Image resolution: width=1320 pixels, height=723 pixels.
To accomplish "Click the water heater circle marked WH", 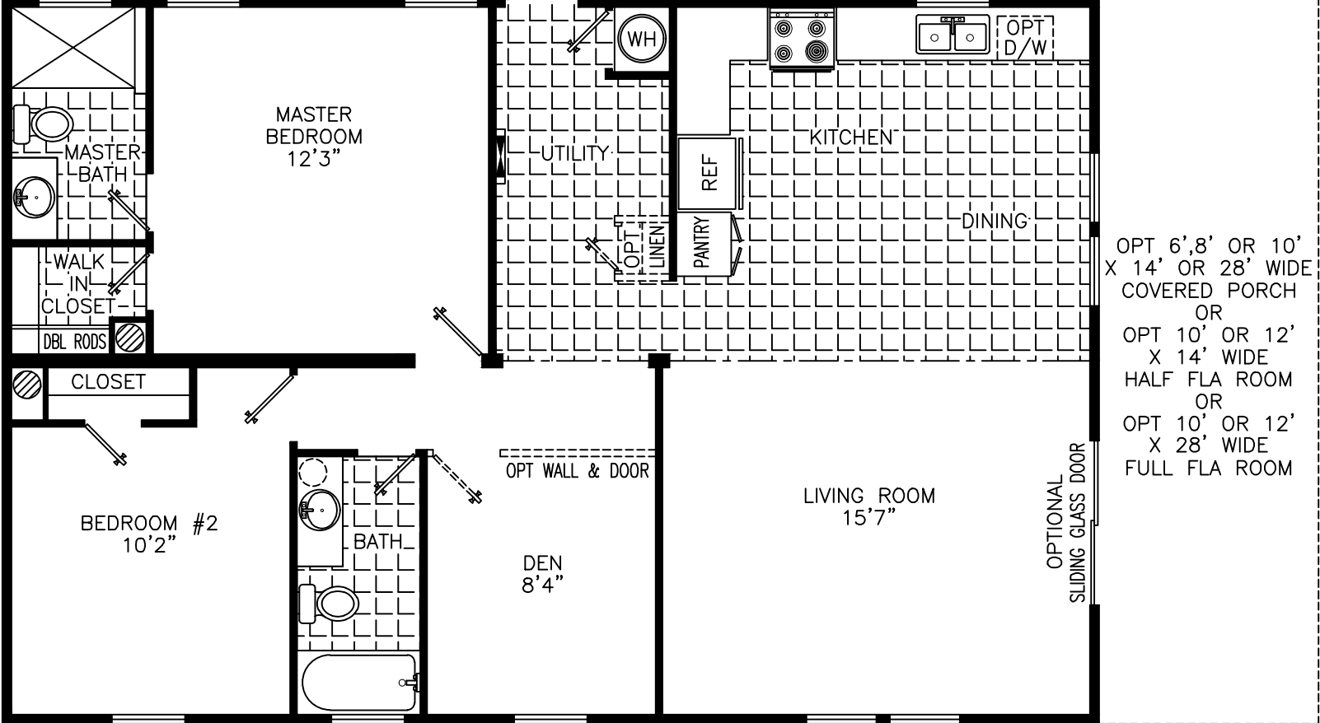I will [x=642, y=39].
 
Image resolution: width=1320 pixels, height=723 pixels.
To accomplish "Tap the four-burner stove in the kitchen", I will [x=801, y=41].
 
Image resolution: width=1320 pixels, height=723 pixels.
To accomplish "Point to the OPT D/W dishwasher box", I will [x=1025, y=38].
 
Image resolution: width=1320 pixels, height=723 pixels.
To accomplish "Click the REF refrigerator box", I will [x=708, y=174].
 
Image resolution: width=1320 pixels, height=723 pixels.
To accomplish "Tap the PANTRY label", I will [x=702, y=243].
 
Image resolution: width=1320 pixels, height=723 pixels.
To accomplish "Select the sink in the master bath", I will [x=34, y=197].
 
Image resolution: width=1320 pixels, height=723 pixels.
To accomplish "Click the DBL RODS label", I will [x=74, y=341].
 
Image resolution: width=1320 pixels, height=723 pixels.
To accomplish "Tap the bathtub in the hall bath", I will [x=359, y=683].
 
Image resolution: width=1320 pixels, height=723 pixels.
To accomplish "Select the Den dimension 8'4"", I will [x=542, y=585].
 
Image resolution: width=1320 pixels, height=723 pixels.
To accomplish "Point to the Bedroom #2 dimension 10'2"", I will [x=149, y=544].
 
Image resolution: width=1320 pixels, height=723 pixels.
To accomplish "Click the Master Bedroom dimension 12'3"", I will [x=314, y=158].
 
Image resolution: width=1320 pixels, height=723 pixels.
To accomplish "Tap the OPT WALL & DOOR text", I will [x=577, y=471].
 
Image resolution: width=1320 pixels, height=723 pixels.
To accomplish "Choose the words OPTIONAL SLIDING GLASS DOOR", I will [x=1067, y=523].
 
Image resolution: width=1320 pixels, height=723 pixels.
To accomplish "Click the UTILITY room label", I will [x=574, y=153].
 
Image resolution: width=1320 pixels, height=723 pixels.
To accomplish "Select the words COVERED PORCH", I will [x=1208, y=291].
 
